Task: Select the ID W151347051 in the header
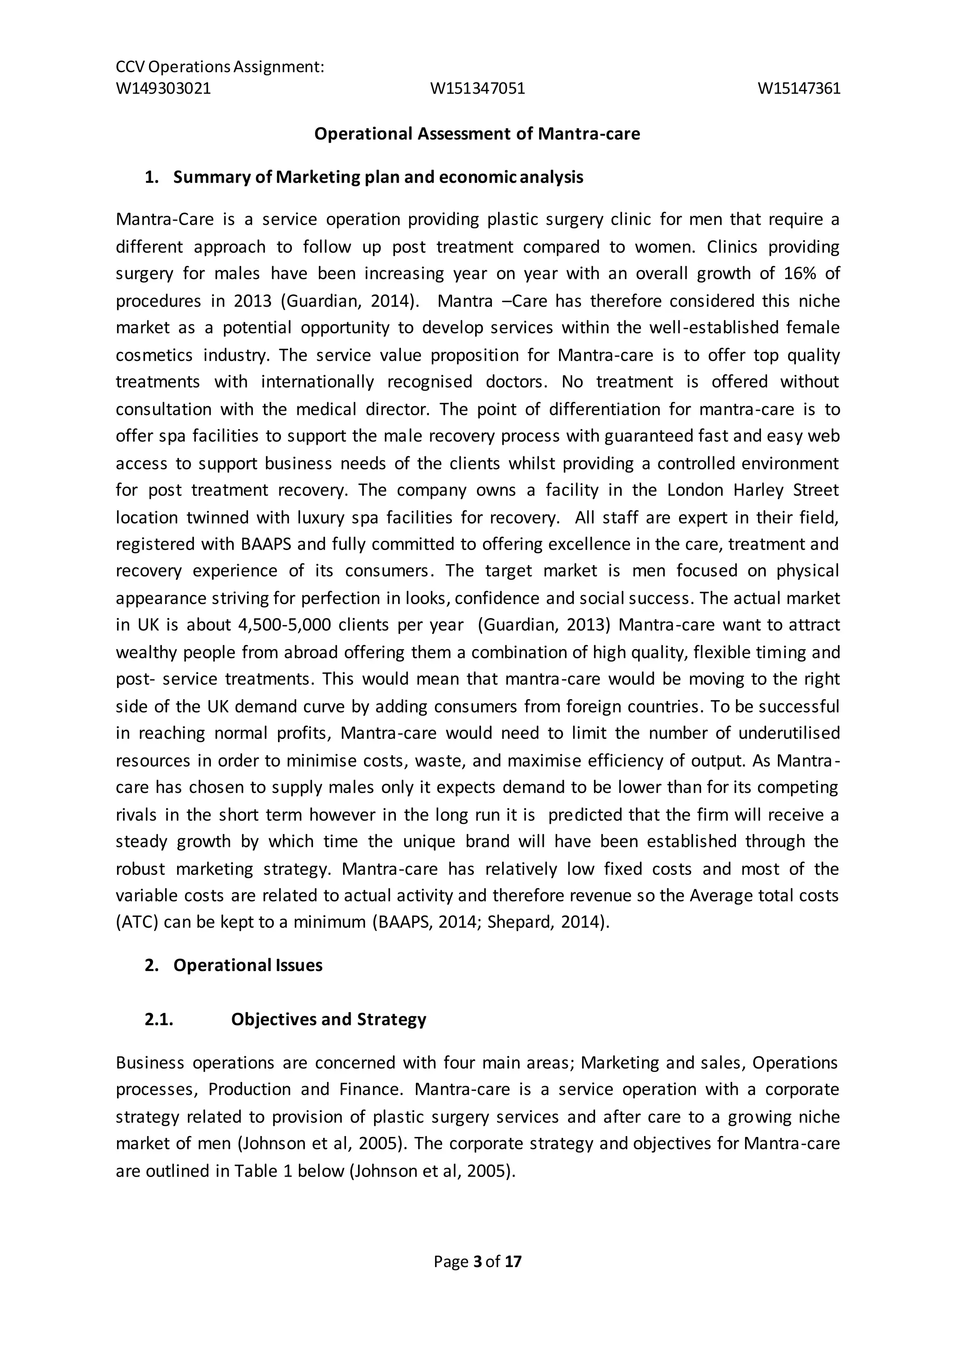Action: point(477,88)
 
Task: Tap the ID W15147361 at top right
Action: point(799,88)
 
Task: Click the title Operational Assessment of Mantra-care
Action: point(477,134)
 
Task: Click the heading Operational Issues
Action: point(248,965)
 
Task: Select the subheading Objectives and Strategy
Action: point(328,1019)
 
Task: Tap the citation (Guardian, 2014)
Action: point(350,301)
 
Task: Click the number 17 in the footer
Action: point(513,1262)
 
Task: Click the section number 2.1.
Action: point(159,1019)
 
